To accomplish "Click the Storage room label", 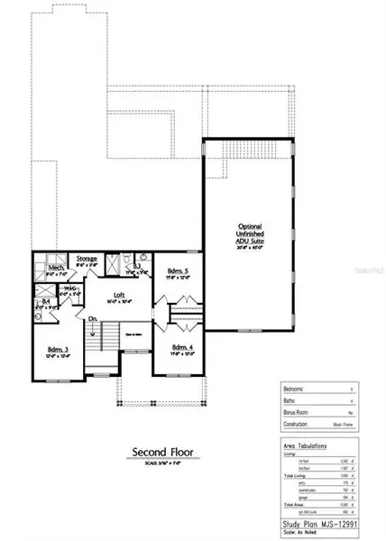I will point(87,259).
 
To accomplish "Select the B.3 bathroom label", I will point(137,267).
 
